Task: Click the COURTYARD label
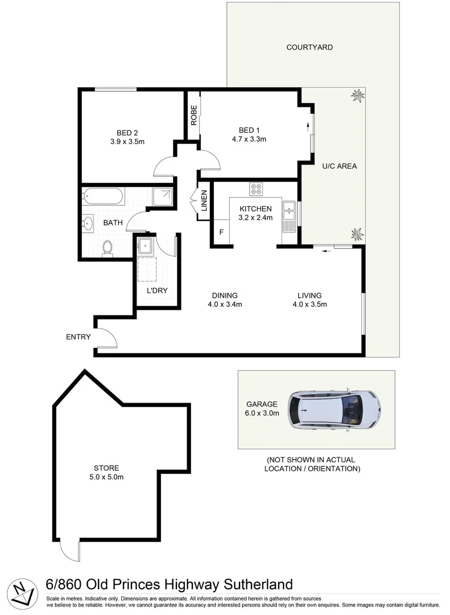[309, 47]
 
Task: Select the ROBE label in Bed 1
[194, 116]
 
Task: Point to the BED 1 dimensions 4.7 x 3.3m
[249, 138]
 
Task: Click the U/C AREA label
[339, 166]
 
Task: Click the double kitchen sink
[289, 211]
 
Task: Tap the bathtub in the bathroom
[102, 196]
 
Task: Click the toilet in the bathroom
[107, 247]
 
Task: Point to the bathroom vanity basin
[88, 223]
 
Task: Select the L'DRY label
[156, 290]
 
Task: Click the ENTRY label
[78, 337]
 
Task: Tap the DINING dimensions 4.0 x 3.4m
[225, 304]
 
